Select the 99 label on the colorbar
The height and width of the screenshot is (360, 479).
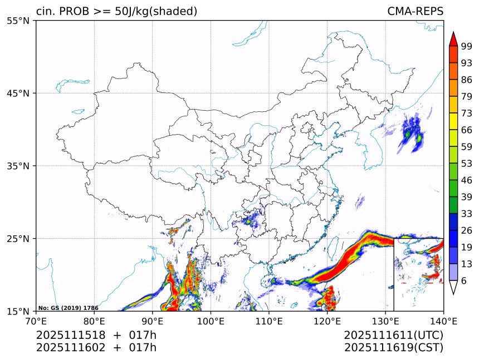[466, 46]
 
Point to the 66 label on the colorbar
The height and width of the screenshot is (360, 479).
[466, 130]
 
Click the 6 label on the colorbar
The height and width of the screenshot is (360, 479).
[464, 281]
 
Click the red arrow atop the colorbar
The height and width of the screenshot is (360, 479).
[453, 39]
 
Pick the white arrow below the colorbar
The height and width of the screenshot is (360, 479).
[453, 287]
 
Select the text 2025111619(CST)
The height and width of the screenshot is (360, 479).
[393, 348]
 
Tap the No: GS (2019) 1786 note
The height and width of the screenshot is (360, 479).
[68, 308]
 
